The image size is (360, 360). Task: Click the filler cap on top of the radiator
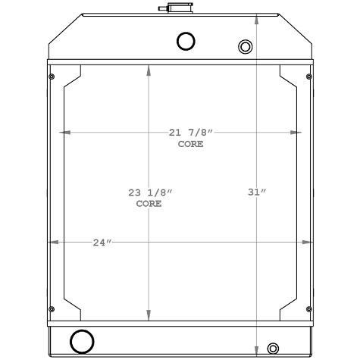coord(171,8)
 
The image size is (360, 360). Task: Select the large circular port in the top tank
coord(185,42)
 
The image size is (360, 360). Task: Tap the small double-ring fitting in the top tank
coord(245,47)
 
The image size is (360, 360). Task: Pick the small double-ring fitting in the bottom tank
coord(274,349)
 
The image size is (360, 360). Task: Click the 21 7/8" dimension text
coord(191,133)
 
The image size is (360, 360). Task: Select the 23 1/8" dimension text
coord(149,194)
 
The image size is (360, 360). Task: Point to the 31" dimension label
coord(257,192)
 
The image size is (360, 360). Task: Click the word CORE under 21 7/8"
coord(190,144)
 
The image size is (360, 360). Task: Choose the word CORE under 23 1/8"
coord(149,205)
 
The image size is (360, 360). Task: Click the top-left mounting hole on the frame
coord(51,76)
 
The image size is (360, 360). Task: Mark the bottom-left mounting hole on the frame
coord(51,308)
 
